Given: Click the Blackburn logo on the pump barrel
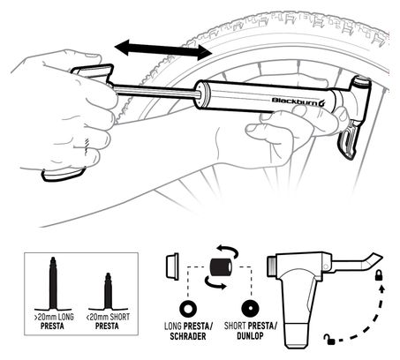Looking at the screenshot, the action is click(x=298, y=101).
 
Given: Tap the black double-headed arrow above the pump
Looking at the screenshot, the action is click(x=163, y=49).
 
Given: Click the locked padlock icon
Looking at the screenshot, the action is click(x=379, y=275).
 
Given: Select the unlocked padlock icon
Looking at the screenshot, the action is click(x=329, y=339).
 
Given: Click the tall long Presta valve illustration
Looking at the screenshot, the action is click(x=53, y=284).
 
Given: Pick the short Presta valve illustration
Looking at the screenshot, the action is click(x=108, y=292).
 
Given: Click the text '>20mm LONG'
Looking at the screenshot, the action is click(x=54, y=317).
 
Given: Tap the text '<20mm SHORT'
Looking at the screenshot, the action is click(x=108, y=317).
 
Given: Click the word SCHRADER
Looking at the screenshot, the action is click(x=188, y=336).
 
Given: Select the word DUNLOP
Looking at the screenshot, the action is click(x=250, y=335).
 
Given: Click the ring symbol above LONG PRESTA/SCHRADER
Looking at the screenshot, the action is click(x=188, y=310).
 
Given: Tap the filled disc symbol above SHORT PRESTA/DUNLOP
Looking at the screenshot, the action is click(x=251, y=310).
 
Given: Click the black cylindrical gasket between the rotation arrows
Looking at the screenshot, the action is click(x=221, y=267).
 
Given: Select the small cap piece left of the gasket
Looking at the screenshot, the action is click(x=172, y=266).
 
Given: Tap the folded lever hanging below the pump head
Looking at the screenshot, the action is click(x=351, y=140).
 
